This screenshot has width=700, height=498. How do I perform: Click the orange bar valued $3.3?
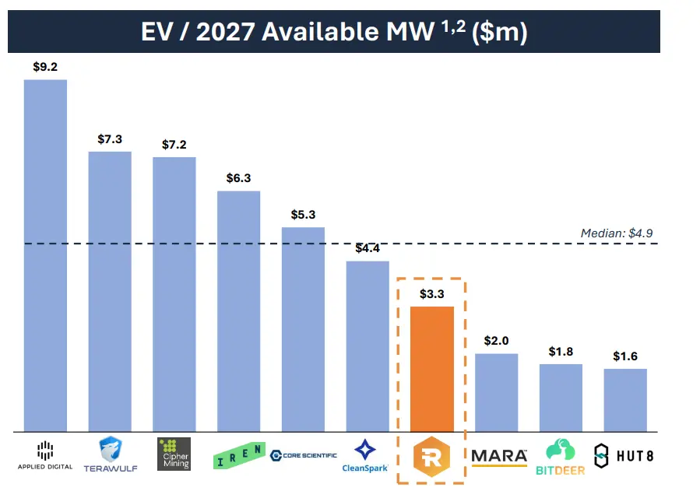point(431,369)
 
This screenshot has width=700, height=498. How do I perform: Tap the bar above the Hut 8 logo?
point(624,400)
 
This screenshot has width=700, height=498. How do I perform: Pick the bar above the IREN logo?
point(238,310)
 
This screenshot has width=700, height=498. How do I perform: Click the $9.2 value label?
point(45,67)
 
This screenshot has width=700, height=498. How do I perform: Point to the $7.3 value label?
point(110,139)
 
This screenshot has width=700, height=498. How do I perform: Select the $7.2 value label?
point(174,145)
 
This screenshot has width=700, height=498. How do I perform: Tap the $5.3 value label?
point(303,215)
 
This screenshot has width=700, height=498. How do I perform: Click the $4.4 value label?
point(368,248)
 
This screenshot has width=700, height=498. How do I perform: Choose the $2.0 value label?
point(496,341)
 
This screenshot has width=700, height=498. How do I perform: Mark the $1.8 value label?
point(561,352)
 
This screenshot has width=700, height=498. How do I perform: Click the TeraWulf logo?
point(110,454)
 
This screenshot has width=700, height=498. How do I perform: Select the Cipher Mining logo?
point(174,454)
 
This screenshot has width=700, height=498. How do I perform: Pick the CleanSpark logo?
point(367,456)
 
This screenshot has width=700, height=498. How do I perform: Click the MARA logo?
point(499,456)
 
